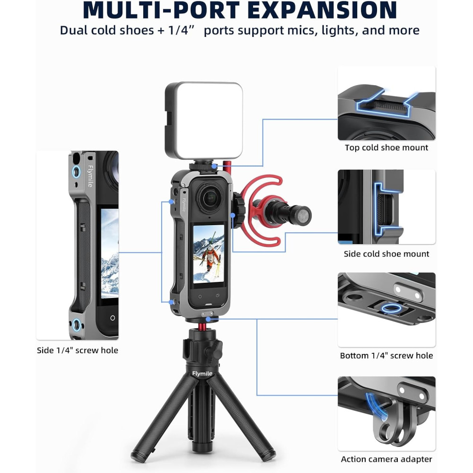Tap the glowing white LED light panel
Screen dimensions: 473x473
click(204, 120)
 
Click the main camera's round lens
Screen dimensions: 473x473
click(210, 198)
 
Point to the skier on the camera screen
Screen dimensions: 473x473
click(210, 255)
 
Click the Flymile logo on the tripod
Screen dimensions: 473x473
click(202, 374)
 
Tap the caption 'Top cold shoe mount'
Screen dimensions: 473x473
click(386, 148)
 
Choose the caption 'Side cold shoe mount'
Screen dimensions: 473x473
click(386, 254)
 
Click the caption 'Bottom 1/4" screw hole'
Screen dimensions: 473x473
click(386, 355)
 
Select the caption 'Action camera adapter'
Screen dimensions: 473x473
click(386, 459)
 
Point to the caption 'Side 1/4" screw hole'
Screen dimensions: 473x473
click(78, 350)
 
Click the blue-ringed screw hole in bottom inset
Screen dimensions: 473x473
click(391, 308)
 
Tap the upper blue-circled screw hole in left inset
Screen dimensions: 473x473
click(76, 172)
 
